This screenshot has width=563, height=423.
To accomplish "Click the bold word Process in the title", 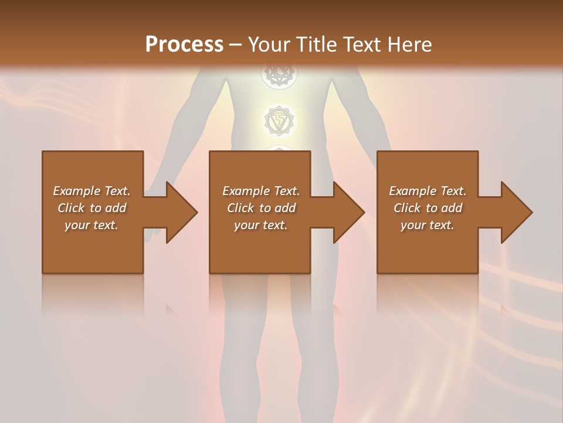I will point(184,44).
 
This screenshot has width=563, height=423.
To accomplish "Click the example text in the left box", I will point(92,208).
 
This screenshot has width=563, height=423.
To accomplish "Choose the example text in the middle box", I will point(261,208).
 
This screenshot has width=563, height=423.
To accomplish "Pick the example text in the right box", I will point(428,208).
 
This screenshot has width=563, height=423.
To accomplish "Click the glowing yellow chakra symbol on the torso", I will point(279,120).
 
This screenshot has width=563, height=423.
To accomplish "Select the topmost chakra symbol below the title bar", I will point(279,75).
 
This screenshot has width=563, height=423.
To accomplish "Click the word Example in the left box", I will point(75,191).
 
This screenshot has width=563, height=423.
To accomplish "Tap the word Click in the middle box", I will point(240,208).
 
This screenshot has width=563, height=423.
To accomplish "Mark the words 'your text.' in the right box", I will point(428,225).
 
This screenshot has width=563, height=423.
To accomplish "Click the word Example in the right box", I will point(411,191).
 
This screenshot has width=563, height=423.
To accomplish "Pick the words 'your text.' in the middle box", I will point(261,225).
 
